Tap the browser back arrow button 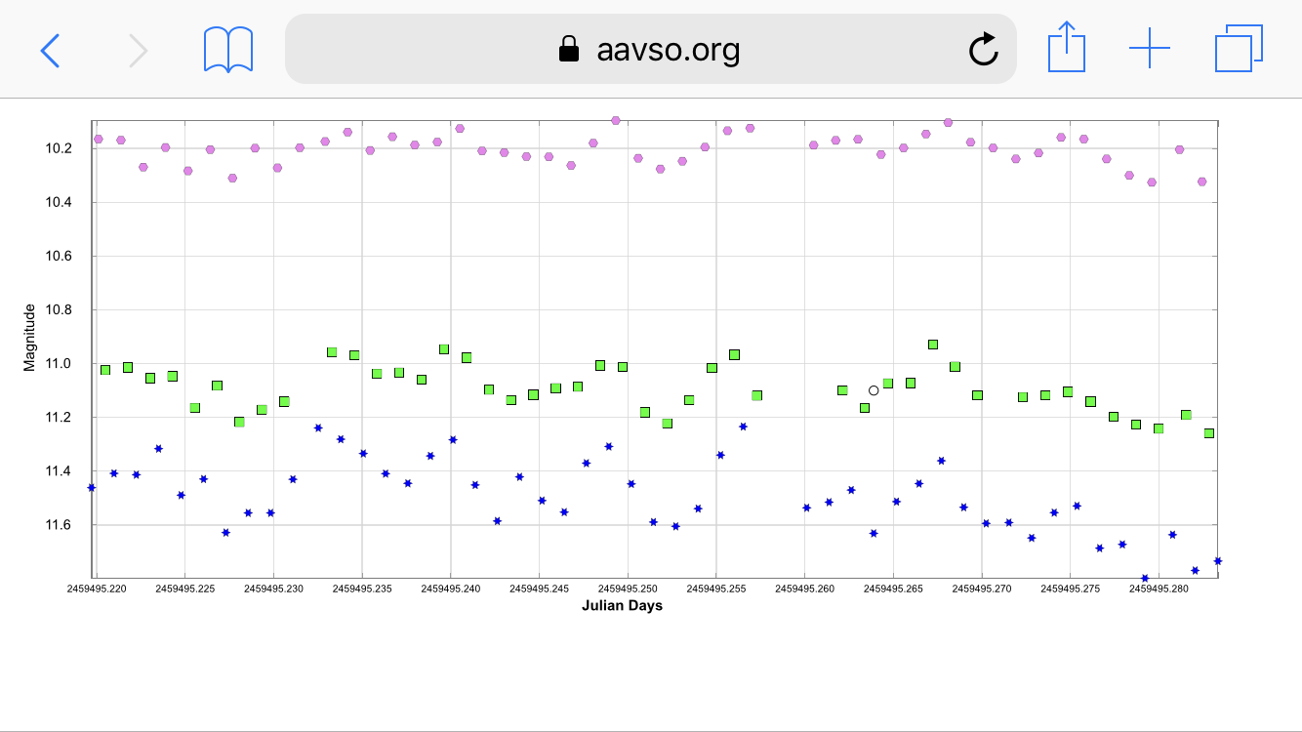coord(50,49)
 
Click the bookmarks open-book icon coord(228,49)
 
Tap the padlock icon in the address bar coord(568,49)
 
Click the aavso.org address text coord(668,49)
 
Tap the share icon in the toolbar coord(1067,48)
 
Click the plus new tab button coord(1150,48)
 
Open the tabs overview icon coord(1239,48)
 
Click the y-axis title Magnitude coord(29,337)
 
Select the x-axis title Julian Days coord(622,606)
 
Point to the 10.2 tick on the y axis coord(60,148)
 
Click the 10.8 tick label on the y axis coord(60,310)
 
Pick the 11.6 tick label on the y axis coord(60,525)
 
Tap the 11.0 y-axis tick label coord(60,364)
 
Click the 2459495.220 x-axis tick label coord(97,589)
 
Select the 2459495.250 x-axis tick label coord(628,589)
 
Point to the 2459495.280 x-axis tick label coord(1159,589)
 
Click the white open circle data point coord(874,390)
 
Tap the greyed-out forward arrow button coord(139,49)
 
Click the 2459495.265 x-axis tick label coord(893,589)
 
